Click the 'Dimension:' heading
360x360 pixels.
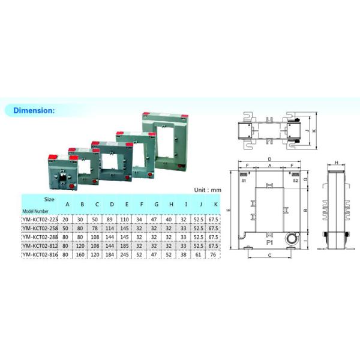34,110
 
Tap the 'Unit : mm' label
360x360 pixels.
208,190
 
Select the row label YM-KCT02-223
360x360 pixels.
40,219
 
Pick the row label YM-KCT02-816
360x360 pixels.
40,254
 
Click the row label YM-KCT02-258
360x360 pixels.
40,228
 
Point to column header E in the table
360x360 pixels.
127,203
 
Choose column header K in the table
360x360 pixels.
215,203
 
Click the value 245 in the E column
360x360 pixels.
127,254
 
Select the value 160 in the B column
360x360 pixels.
82,254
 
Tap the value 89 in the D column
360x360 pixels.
112,219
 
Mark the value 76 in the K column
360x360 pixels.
215,254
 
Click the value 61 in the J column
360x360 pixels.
200,254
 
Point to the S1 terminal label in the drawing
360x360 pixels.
244,180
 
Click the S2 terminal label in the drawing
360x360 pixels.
295,180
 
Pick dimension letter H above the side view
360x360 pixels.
337,163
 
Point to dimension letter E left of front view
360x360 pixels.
229,211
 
